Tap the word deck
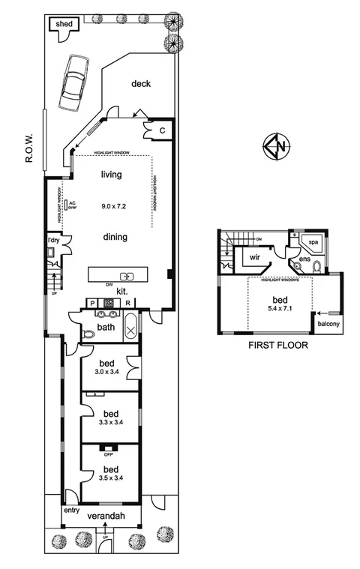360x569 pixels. click(x=141, y=84)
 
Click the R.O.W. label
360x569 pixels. click(x=29, y=146)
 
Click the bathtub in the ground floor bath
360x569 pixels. click(x=130, y=328)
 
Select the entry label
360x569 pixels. click(x=70, y=510)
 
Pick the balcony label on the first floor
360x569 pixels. click(x=328, y=324)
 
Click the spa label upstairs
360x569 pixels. click(x=314, y=243)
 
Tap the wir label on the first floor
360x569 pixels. click(x=254, y=256)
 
